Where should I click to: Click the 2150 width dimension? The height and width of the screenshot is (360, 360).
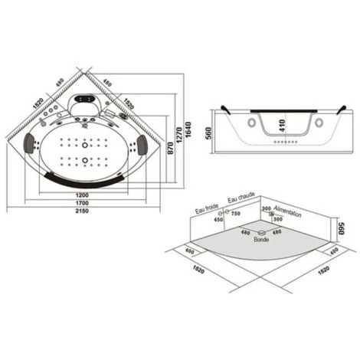(82, 211)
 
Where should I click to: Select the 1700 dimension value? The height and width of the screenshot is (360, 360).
(82, 203)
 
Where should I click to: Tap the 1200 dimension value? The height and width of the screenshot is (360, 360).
(82, 195)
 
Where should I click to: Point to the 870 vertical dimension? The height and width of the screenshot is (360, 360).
(171, 148)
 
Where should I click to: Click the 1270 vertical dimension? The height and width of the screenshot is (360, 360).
(179, 135)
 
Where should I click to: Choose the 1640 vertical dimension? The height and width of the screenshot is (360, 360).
(188, 129)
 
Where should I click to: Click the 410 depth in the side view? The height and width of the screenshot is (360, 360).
(282, 126)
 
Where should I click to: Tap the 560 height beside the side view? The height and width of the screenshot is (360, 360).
(209, 133)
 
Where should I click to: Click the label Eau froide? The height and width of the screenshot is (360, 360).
(207, 208)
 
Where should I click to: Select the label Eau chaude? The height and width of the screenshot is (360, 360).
(241, 197)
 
